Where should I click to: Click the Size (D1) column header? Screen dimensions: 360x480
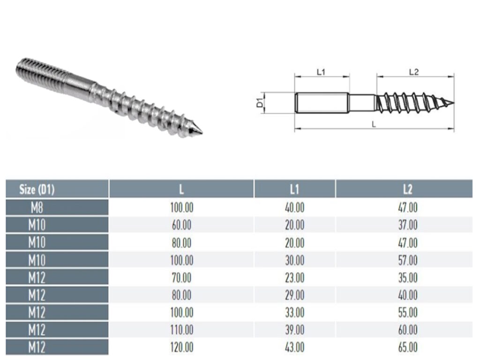point(37,189)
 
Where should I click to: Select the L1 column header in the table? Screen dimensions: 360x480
point(294,189)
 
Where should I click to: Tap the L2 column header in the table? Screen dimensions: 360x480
point(407,189)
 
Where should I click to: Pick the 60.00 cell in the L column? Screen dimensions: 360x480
point(181,225)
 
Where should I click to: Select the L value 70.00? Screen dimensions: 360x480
point(181,277)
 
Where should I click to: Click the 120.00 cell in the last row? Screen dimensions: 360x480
point(181,347)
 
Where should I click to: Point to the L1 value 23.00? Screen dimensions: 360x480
point(294,277)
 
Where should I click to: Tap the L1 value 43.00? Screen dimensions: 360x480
point(294,347)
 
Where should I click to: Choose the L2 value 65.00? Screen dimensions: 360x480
point(407,347)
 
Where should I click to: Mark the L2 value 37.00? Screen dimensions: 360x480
point(407,225)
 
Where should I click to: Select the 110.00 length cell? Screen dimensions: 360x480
point(181,330)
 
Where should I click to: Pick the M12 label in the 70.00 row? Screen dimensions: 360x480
point(37,277)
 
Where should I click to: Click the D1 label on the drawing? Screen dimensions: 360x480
point(260,103)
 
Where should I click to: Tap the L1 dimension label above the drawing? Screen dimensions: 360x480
point(321,72)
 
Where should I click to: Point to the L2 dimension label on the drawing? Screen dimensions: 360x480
point(413,72)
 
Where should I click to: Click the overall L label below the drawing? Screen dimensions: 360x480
point(374,124)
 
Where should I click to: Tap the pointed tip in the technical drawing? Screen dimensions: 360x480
point(452,103)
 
